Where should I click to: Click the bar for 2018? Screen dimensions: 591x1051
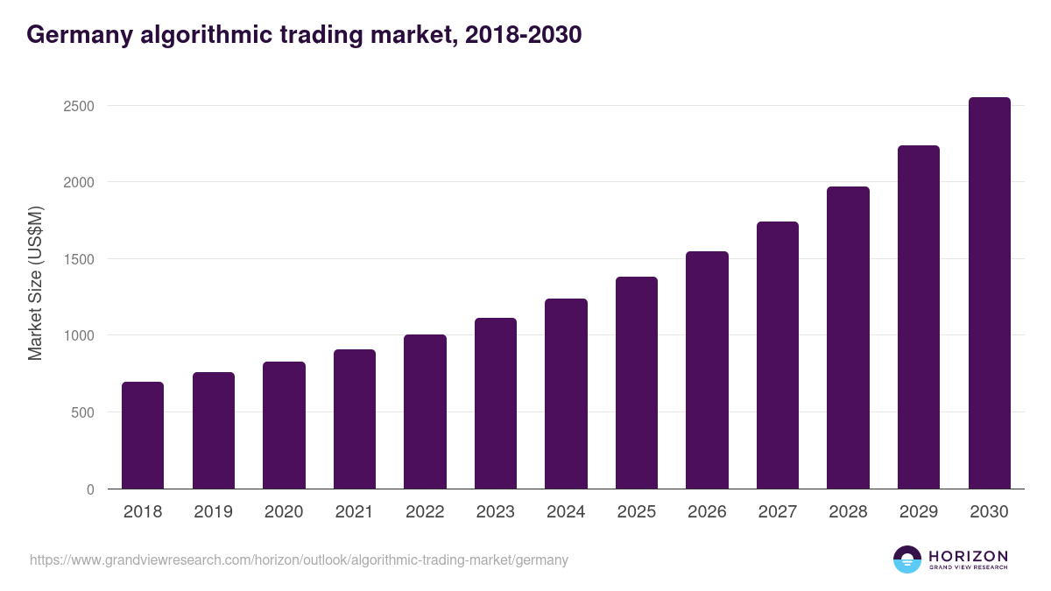143,435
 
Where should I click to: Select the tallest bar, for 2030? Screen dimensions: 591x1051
989,293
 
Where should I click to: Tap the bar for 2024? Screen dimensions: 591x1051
566,394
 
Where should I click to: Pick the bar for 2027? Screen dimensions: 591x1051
778,355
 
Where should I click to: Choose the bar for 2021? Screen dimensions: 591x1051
355,419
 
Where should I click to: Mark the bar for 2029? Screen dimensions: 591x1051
919,317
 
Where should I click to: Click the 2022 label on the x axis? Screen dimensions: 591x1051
425,512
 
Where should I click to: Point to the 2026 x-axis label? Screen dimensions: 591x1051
707,512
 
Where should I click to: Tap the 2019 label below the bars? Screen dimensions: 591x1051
213,512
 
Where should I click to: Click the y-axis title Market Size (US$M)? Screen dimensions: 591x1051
35,282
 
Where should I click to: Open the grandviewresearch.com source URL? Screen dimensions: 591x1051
299,559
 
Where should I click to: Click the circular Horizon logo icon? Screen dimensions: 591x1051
906,559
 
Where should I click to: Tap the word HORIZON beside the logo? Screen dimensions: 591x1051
968,555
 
